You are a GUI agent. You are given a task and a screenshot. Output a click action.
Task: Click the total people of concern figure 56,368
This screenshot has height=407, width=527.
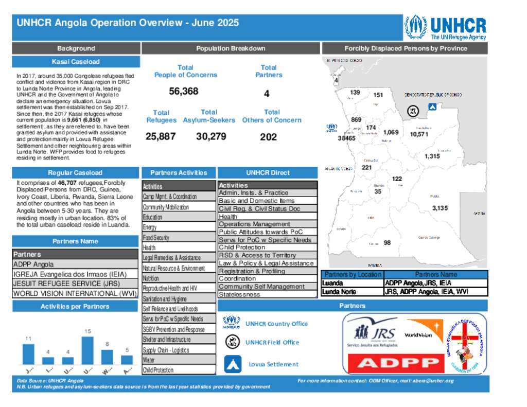tap(183, 92)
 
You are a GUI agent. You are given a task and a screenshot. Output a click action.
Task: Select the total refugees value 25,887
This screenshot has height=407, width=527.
tap(160, 137)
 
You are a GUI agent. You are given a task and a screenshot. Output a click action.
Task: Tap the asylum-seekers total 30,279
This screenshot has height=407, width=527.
tap(211, 137)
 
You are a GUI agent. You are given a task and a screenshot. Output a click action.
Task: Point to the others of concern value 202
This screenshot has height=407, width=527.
tap(268, 137)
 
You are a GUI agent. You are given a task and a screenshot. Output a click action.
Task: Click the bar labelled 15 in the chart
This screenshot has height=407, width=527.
tap(87, 350)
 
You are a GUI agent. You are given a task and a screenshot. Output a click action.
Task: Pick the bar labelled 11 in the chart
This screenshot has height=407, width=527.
tap(28, 354)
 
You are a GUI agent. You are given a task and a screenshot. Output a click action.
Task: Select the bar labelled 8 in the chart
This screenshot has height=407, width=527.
tap(107, 357)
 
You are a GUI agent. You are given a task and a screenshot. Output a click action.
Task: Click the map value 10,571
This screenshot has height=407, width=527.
tap(419, 134)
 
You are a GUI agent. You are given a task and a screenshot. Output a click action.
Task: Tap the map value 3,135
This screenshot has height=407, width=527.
tap(440, 208)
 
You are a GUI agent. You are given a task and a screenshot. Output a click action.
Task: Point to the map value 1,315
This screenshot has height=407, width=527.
tap(432, 156)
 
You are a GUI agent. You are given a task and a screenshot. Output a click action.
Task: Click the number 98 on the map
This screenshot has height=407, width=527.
tap(387, 243)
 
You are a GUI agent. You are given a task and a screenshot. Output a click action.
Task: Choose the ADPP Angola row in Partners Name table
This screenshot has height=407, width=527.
tap(75, 264)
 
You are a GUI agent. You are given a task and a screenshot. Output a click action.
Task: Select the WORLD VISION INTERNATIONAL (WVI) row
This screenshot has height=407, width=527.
tap(75, 294)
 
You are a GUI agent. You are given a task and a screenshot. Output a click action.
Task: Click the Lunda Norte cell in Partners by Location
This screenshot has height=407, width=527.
tap(353, 292)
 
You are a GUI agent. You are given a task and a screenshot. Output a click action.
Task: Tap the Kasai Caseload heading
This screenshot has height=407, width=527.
tap(76, 62)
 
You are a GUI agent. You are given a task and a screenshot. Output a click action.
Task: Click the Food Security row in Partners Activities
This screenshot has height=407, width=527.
tap(179, 238)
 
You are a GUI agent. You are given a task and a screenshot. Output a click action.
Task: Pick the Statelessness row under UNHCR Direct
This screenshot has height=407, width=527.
tap(268, 295)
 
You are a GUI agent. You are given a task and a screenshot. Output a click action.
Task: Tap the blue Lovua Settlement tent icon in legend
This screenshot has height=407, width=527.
tap(233, 364)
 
